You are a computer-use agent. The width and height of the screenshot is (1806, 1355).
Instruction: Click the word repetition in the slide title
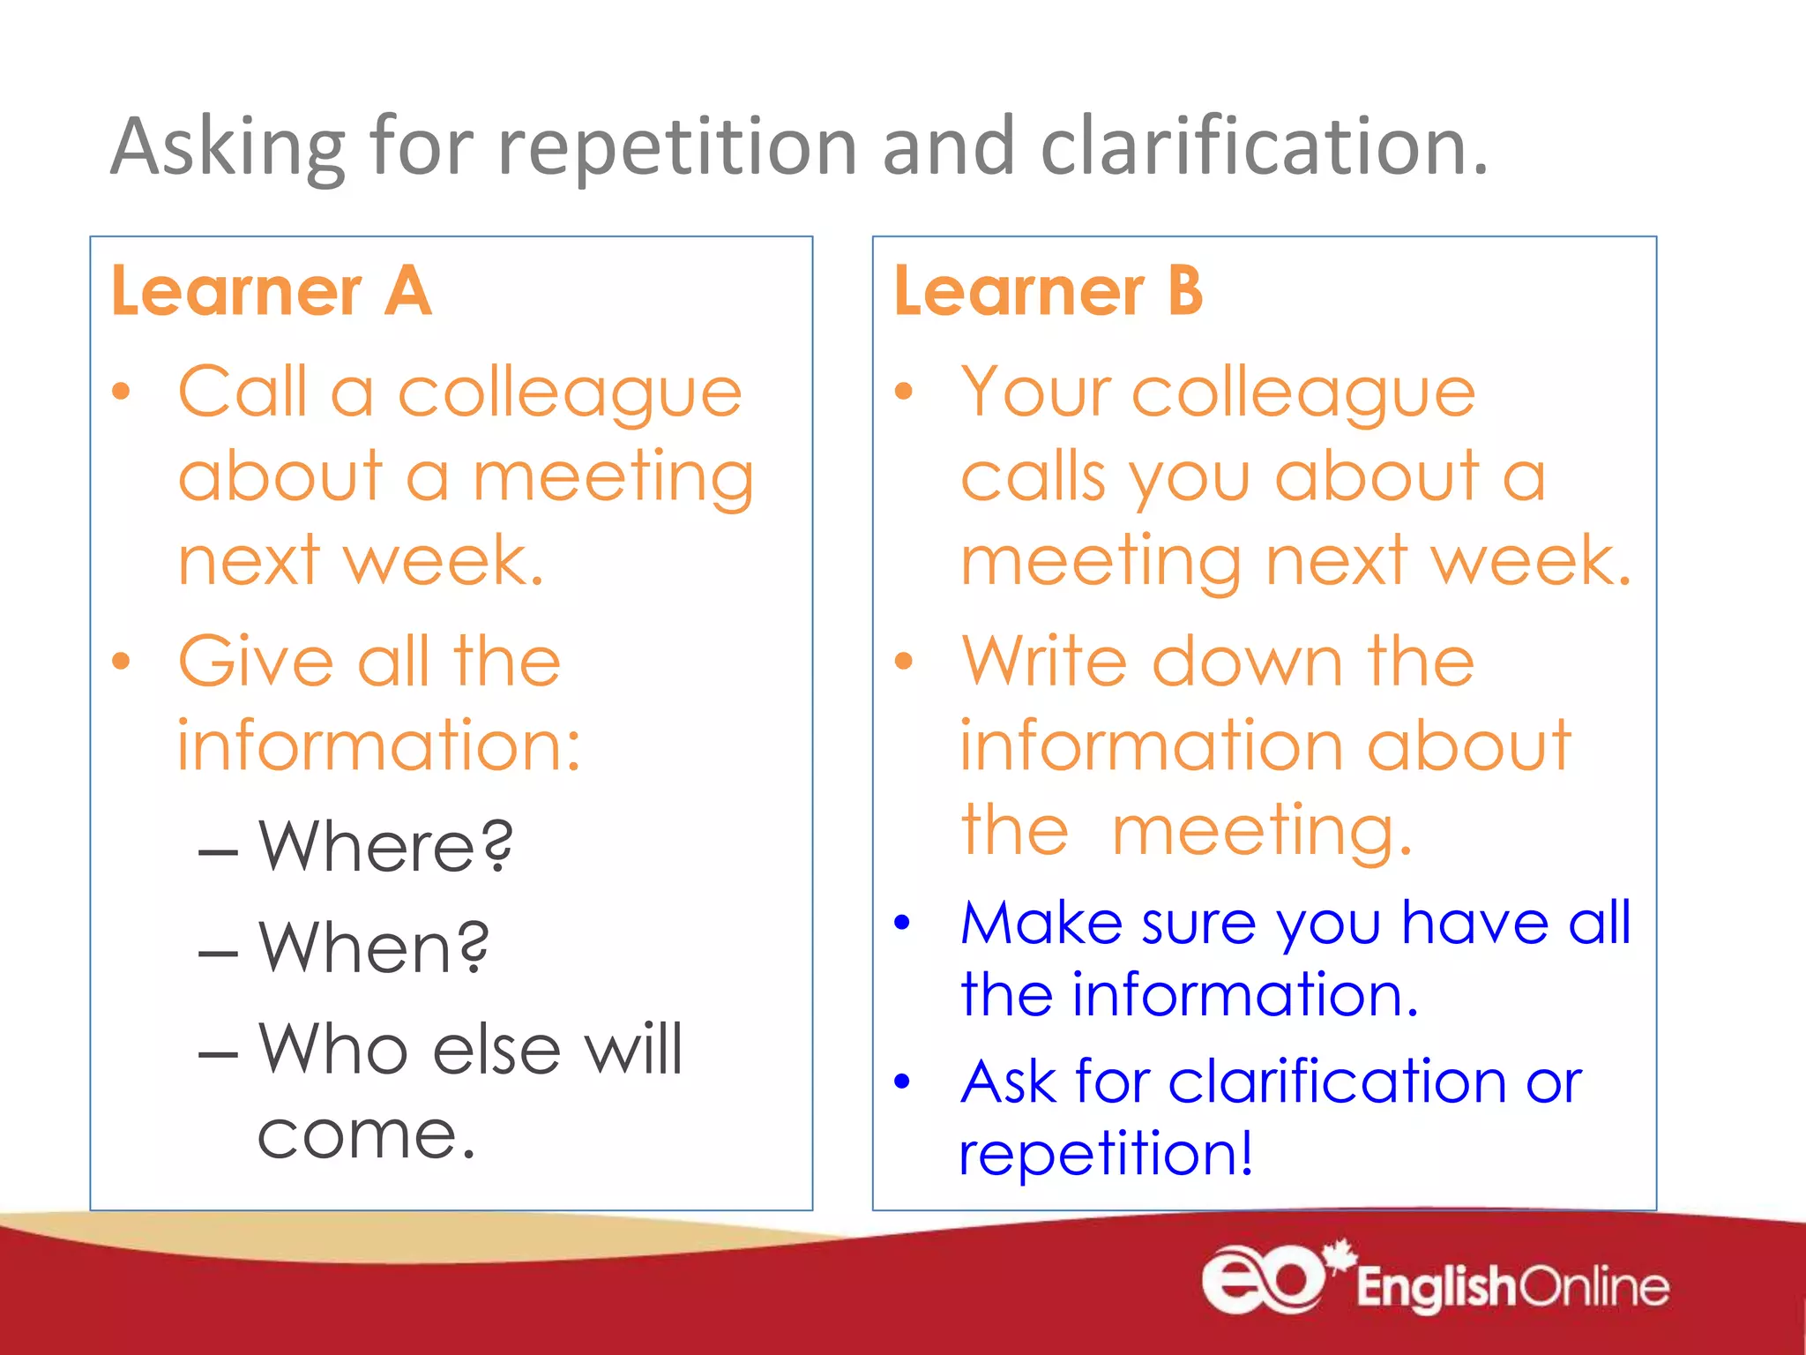coord(677,146)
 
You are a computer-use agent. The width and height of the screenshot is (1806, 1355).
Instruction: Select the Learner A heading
coord(272,291)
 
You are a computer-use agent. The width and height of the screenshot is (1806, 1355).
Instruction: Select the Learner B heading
coord(1049,291)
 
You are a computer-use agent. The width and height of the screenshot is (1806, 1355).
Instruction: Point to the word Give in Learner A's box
coord(256,661)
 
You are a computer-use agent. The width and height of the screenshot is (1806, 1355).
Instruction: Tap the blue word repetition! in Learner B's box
coord(1106,1153)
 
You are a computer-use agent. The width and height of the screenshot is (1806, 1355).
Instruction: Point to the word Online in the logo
coord(1594,1287)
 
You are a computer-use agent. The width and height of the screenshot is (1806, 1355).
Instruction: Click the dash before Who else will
coord(218,1054)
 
